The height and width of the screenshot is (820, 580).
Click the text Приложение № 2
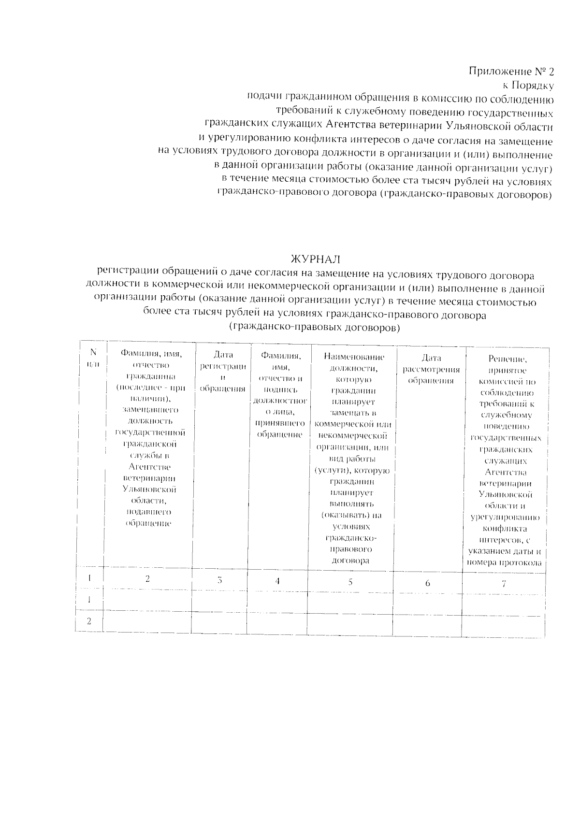[511, 72]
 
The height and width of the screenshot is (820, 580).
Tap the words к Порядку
[528, 86]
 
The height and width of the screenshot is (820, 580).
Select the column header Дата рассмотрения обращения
[431, 369]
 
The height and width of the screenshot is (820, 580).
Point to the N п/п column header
[93, 359]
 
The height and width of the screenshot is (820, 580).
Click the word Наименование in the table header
[354, 357]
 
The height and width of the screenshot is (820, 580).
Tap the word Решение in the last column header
[507, 359]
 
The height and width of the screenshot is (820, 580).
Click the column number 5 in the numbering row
[350, 582]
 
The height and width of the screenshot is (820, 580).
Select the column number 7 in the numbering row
[504, 584]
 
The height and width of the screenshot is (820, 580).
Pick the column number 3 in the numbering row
[219, 580]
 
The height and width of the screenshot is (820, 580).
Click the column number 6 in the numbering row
[428, 583]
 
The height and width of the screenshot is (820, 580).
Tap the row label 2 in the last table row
[89, 621]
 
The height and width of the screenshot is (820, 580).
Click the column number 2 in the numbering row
[148, 578]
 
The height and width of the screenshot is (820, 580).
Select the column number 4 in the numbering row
[277, 581]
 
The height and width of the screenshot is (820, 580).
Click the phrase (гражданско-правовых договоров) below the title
[315, 328]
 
